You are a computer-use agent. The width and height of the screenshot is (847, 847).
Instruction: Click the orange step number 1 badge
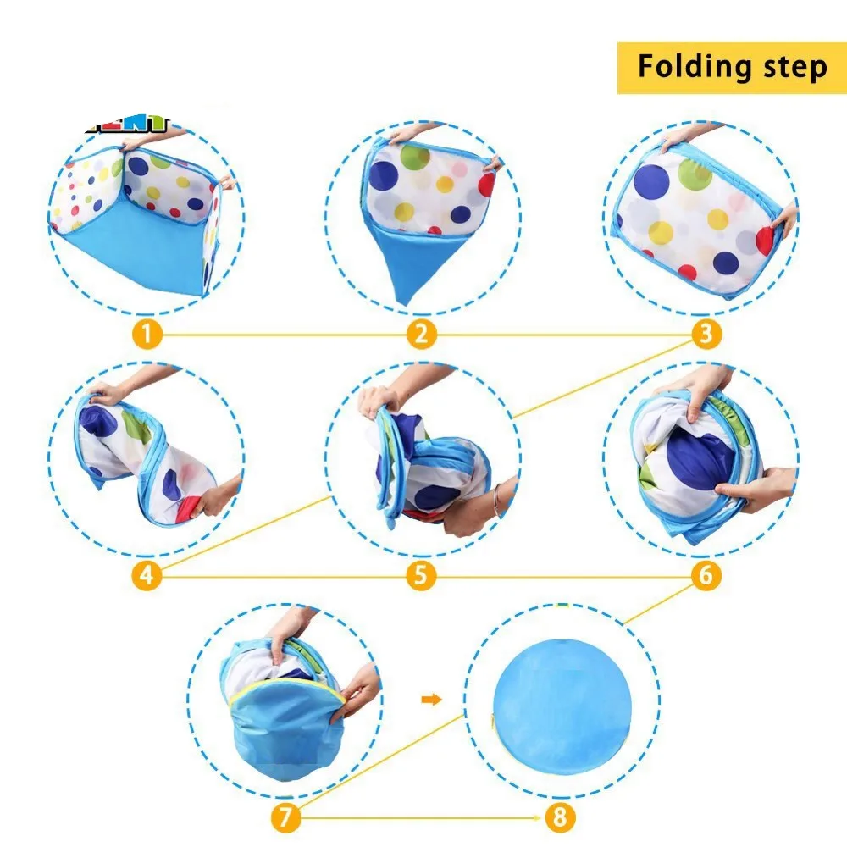147,335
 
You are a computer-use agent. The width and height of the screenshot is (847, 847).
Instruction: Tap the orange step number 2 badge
421,335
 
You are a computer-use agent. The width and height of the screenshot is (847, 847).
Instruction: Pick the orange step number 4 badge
147,576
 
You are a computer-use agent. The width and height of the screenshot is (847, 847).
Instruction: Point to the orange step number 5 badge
421,576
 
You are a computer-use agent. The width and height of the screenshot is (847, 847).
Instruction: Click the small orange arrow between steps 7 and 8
431,700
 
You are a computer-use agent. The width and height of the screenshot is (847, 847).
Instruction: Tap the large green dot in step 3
695,174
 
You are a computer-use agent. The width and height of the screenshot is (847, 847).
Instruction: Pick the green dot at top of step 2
415,157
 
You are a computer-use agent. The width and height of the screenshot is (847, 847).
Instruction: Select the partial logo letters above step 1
127,125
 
